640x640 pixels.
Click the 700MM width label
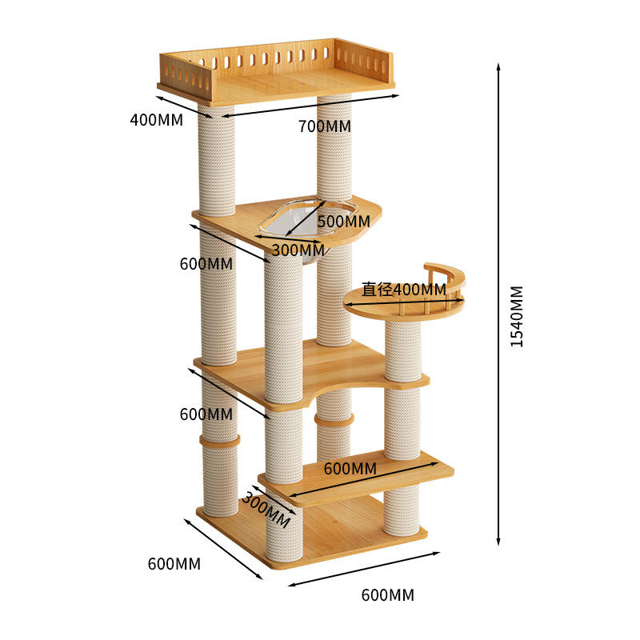(324, 126)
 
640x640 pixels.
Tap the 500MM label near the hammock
(344, 221)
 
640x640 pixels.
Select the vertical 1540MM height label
(517, 316)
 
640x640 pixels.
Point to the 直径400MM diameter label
(404, 289)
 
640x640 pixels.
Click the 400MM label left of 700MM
(156, 120)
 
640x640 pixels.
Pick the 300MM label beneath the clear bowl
(298, 250)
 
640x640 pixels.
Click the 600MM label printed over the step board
(350, 468)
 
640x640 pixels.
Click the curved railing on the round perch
(448, 280)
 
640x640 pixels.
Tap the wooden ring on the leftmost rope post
(218, 441)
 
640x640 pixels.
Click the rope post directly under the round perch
(402, 352)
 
